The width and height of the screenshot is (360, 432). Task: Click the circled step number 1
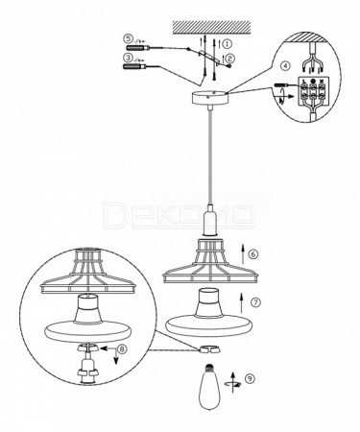tap(228, 43)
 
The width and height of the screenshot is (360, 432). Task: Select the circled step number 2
tap(230, 58)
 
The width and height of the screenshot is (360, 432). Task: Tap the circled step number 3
tap(128, 58)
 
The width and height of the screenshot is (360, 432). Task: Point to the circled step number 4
tap(285, 65)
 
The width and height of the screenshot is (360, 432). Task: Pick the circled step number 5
tap(128, 38)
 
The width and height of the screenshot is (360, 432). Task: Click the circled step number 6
tap(253, 254)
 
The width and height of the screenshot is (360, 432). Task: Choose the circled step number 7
tap(255, 302)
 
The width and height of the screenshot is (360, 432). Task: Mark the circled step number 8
tap(122, 349)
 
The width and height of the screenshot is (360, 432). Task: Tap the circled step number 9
tap(250, 378)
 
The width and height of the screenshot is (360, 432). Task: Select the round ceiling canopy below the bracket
tap(209, 97)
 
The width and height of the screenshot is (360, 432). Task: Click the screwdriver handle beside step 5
tap(137, 48)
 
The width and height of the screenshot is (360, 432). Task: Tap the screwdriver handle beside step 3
tap(134, 66)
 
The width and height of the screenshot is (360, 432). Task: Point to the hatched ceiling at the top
tap(211, 28)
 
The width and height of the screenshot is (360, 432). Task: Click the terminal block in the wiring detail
tap(313, 92)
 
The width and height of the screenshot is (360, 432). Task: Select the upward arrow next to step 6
tap(243, 252)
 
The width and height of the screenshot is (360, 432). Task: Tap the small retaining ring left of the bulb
tap(208, 348)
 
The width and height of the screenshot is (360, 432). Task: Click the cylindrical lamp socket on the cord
tap(209, 220)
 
